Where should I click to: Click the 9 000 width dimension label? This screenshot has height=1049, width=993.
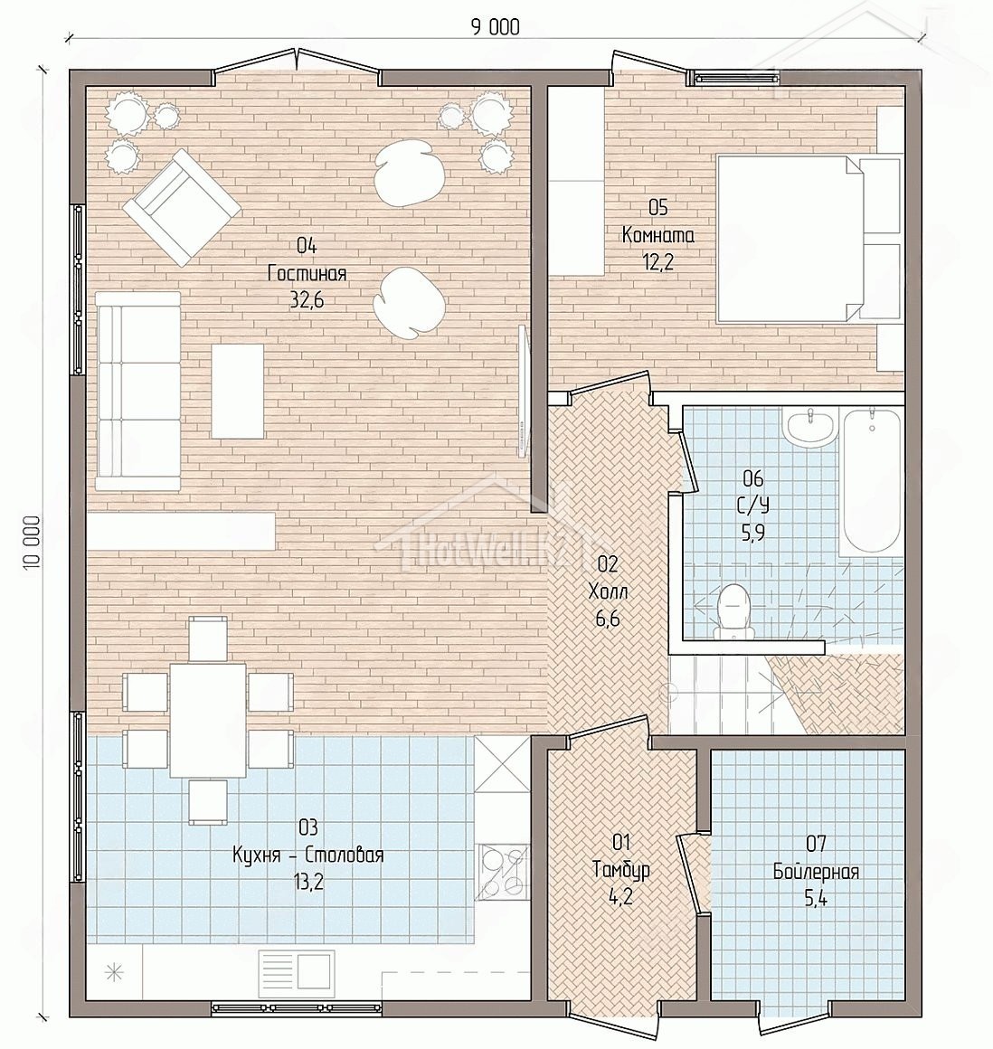coord(496,27)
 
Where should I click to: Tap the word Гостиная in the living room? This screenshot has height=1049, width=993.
coord(307,274)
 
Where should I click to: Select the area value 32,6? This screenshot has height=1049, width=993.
coord(307,300)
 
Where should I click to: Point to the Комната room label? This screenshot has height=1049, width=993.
coord(658,235)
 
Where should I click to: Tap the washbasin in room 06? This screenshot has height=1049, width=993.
coord(811,427)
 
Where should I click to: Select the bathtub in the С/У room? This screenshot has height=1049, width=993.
coord(872,480)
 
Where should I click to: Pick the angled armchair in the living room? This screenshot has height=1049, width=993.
coord(182,207)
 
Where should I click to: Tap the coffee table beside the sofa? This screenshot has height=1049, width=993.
coord(238,391)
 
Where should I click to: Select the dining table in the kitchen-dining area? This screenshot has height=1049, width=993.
coord(207,720)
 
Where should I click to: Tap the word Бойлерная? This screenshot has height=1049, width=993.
coord(816,872)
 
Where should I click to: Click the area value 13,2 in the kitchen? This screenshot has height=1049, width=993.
coord(307,883)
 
